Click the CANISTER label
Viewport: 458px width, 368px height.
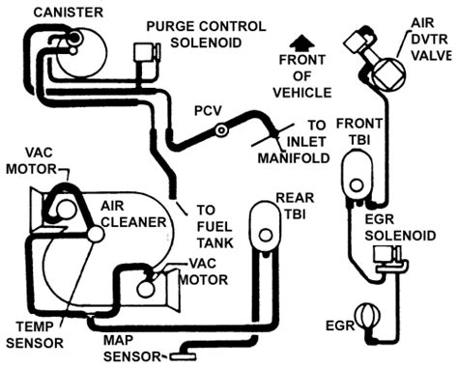point(68,13)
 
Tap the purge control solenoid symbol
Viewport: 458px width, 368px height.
point(147,52)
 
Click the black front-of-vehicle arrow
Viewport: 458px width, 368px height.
point(301,42)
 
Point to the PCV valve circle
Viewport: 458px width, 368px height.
point(222,130)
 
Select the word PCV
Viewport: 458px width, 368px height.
point(208,111)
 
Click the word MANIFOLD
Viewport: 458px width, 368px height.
point(294,158)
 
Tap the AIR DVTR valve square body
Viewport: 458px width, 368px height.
point(388,74)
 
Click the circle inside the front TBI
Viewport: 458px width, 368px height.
point(357,185)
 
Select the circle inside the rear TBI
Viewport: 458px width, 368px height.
point(266,236)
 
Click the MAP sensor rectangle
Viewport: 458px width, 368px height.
point(183,356)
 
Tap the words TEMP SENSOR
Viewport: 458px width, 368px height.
point(35,335)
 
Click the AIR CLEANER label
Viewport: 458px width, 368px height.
point(133,214)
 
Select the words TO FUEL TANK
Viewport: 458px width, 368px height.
point(215,227)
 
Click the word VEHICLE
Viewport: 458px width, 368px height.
point(302,93)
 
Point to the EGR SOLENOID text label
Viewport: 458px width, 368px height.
point(400,227)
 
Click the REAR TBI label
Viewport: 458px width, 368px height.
point(295,206)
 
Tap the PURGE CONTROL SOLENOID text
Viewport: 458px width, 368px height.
point(206,35)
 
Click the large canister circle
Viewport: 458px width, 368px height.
point(82,52)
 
